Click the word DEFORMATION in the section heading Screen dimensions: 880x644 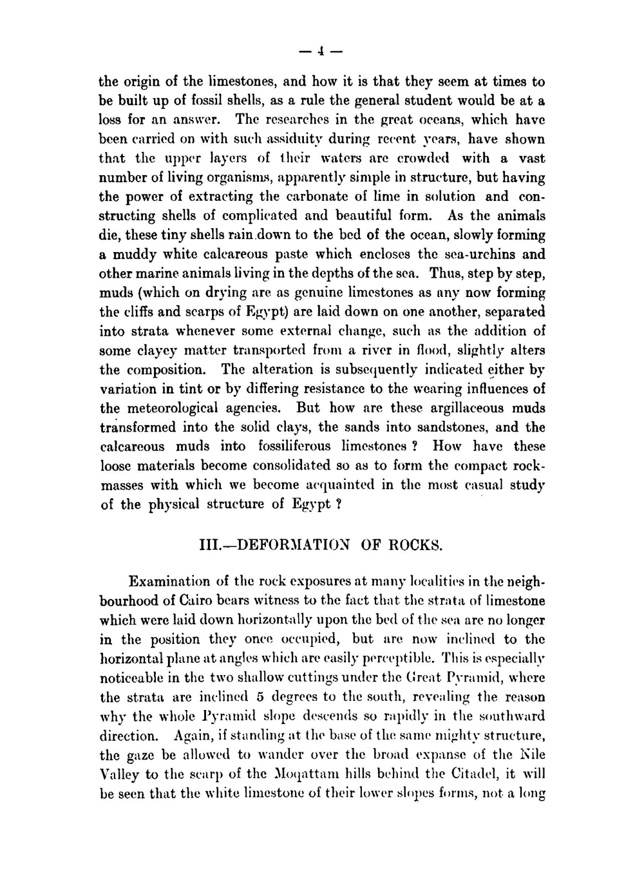[293, 544]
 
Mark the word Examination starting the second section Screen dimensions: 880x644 [170, 582]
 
